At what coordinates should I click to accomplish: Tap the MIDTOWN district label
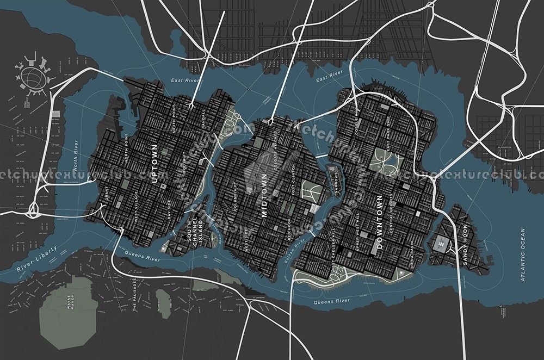(x=265, y=195)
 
